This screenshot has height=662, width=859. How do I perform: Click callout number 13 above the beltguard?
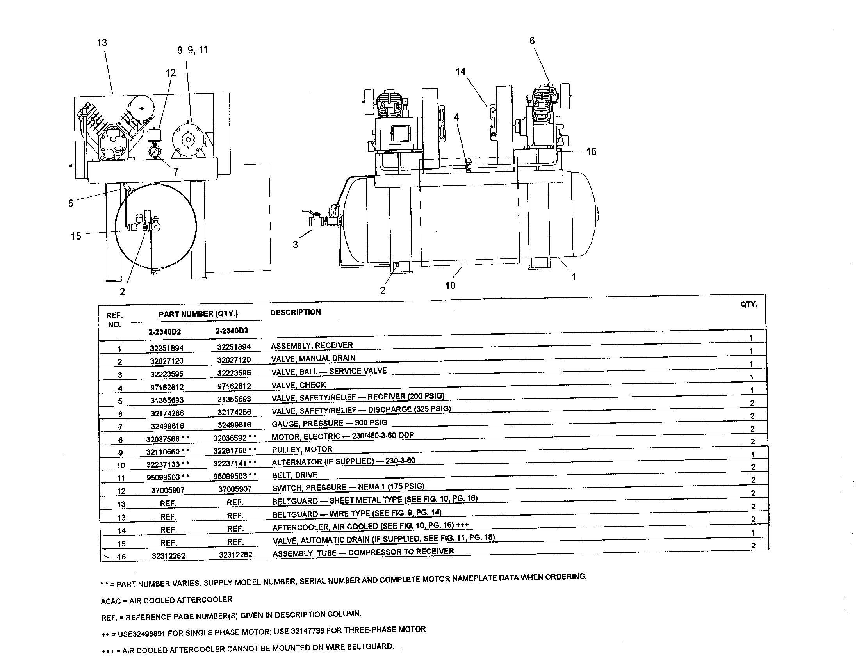102,43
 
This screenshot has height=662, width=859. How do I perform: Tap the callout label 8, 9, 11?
192,50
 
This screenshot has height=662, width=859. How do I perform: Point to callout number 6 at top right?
532,41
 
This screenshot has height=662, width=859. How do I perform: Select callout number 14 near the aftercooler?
460,71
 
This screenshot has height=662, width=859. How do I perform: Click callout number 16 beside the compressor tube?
591,152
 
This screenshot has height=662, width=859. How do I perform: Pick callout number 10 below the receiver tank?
450,285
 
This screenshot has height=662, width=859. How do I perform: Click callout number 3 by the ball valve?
296,244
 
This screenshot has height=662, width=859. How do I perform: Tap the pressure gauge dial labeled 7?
155,152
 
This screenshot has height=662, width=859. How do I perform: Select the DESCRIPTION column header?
295,312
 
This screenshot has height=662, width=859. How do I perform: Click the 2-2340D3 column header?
232,331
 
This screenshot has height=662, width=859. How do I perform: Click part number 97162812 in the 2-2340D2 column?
167,387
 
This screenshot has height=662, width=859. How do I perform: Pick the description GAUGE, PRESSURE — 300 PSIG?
329,423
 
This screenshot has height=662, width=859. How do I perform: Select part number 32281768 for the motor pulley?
230,450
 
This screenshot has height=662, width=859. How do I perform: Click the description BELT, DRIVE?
294,475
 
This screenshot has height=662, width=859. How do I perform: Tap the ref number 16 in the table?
121,556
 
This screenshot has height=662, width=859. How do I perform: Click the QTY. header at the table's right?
749,305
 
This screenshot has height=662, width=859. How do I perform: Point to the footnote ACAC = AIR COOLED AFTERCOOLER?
166,600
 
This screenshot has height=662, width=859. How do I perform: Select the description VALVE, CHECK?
299,385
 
